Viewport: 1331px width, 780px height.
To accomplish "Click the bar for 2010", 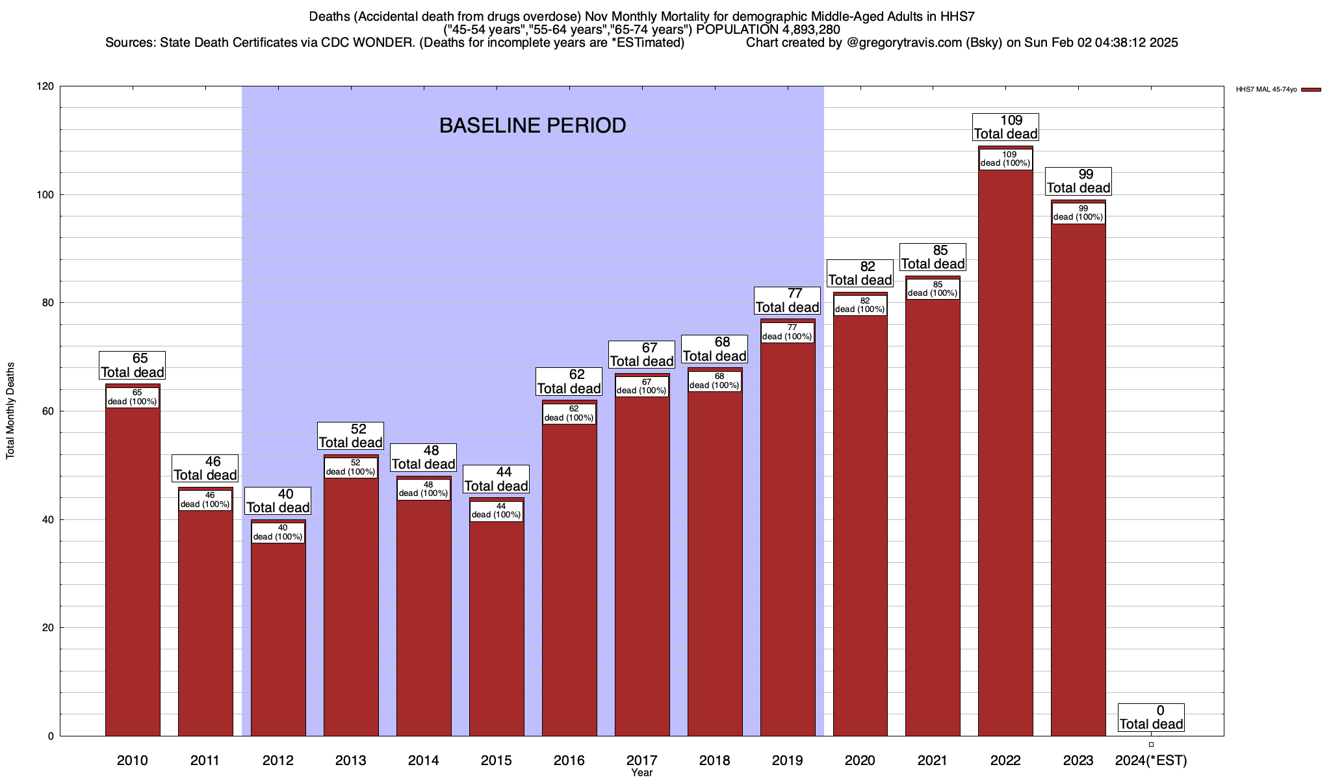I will (x=133, y=572).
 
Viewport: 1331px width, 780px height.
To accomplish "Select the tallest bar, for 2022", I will (x=1005, y=455).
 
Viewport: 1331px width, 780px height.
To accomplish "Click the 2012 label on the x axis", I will (x=278, y=760).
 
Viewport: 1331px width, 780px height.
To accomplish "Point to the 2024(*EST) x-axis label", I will (x=1150, y=760).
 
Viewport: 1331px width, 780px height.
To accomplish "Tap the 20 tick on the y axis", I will (x=48, y=628).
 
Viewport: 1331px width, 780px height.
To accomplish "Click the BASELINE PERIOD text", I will (x=532, y=125).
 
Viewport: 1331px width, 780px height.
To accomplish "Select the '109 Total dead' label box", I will (x=1005, y=127).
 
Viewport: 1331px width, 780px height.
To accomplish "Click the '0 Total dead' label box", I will (x=1151, y=718).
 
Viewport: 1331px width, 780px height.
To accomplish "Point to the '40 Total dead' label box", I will (x=278, y=501).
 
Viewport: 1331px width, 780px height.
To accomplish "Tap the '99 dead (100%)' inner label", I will (x=1078, y=213).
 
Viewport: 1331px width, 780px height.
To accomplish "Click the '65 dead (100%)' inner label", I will (x=133, y=397).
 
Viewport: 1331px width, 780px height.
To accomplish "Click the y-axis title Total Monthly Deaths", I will (x=10, y=411).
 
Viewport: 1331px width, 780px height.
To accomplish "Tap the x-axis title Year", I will (x=641, y=773).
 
